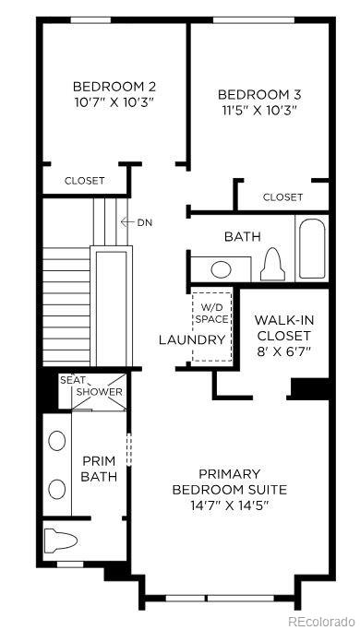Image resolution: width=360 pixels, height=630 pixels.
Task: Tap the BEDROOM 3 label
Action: click(260, 94)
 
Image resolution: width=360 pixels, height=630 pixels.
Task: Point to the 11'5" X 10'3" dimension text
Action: click(260, 110)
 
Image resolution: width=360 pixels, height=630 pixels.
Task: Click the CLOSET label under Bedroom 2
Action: click(84, 181)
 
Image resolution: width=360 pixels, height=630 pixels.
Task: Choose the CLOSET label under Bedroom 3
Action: click(282, 197)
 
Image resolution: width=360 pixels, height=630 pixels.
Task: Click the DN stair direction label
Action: click(145, 222)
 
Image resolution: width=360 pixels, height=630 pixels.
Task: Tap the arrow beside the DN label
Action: click(127, 222)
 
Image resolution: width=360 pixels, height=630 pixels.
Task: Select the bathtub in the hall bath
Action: click(311, 247)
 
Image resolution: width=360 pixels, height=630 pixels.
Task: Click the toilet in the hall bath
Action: click(272, 265)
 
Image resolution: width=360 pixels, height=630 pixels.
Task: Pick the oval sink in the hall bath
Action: click(221, 269)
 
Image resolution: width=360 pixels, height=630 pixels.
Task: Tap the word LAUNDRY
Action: click(192, 340)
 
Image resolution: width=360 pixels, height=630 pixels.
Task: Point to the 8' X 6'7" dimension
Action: click(283, 351)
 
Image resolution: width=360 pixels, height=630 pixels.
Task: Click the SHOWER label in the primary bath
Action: click(99, 392)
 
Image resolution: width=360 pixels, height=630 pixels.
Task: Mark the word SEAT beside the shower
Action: click(73, 380)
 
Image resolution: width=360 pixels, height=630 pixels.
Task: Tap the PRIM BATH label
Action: click(98, 468)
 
